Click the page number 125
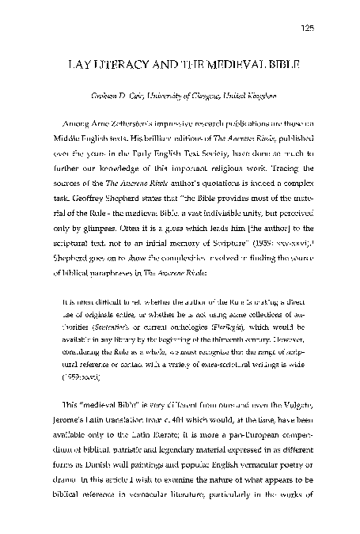tap(307, 29)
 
